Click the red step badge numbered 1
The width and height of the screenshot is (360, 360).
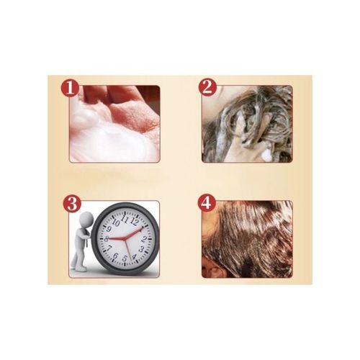pyautogui.click(x=70, y=88)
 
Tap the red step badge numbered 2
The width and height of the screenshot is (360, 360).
pyautogui.click(x=207, y=87)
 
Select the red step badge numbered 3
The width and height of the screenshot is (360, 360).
pyautogui.click(x=72, y=204)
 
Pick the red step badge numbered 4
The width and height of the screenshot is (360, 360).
pyautogui.click(x=207, y=203)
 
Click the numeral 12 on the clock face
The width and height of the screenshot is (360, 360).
pyautogui.click(x=135, y=222)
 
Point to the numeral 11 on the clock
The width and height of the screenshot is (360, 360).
pyautogui.click(x=125, y=219)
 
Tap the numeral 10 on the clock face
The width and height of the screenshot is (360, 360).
pyautogui.click(x=116, y=223)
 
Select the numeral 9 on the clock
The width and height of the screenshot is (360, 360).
pyautogui.click(x=109, y=230)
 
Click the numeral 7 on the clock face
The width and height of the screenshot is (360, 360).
pyautogui.click(x=109, y=248)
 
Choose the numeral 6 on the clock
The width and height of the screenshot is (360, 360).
pyautogui.click(x=115, y=256)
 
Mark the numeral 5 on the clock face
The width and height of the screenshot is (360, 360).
pyautogui.click(x=125, y=258)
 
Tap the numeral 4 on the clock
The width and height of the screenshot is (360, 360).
pyautogui.click(x=134, y=256)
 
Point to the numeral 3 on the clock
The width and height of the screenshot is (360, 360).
pyautogui.click(x=142, y=249)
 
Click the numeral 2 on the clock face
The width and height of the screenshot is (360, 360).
pyautogui.click(x=144, y=239)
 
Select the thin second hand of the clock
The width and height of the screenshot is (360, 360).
pyautogui.click(x=128, y=250)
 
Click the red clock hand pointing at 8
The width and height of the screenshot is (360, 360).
pyautogui.click(x=115, y=238)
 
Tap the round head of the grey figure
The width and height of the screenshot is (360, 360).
pyautogui.click(x=87, y=219)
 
